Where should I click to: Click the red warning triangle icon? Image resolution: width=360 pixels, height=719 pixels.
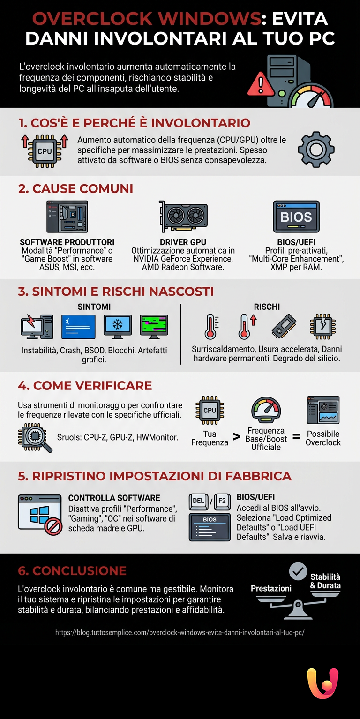(x=260, y=85)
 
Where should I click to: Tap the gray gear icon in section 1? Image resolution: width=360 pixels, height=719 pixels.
(x=316, y=150)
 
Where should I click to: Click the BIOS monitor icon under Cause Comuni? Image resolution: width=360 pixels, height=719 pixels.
(x=296, y=217)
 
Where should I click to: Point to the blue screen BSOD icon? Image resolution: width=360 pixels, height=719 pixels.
(x=78, y=327)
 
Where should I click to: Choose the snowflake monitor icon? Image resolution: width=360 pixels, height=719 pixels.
(x=117, y=327)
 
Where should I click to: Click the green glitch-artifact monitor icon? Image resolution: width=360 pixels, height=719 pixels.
(x=154, y=327)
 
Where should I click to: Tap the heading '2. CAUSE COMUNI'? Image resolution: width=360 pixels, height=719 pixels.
(x=75, y=188)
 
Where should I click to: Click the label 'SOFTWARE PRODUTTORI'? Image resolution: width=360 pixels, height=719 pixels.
(x=67, y=242)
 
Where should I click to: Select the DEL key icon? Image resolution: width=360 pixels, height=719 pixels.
(x=198, y=501)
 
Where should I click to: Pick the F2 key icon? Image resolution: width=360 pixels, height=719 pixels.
(x=222, y=501)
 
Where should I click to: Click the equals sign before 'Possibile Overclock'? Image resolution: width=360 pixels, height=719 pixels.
(x=296, y=436)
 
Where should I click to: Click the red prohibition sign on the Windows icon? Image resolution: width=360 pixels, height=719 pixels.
(x=53, y=527)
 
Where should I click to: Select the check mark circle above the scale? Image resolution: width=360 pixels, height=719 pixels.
(x=298, y=571)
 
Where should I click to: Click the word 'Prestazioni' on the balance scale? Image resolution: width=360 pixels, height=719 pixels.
(x=271, y=588)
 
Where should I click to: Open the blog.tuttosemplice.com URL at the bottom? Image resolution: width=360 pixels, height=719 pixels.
(x=180, y=632)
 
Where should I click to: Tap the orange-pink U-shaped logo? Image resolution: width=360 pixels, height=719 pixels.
(x=322, y=683)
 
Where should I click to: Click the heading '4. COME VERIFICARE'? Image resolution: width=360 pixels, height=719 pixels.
(x=85, y=385)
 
